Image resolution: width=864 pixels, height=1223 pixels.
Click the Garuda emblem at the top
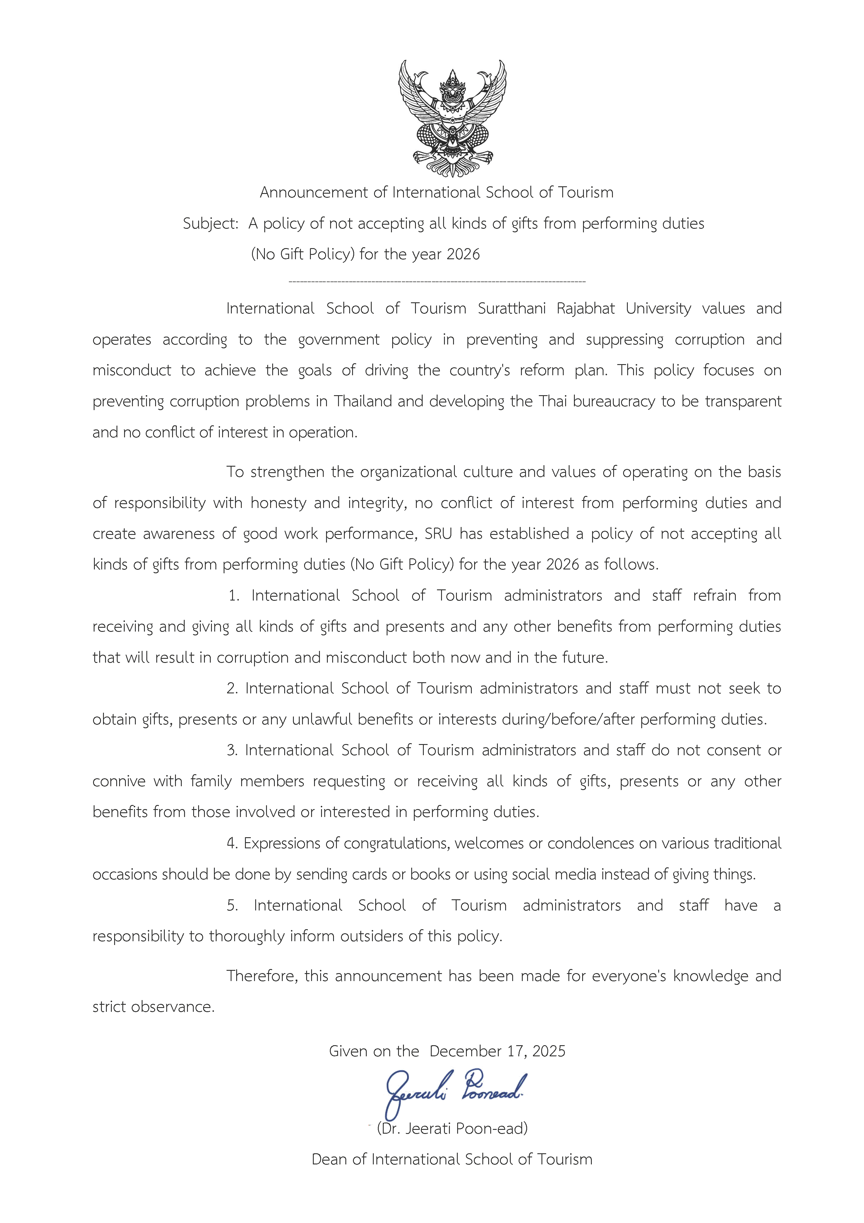[452, 118]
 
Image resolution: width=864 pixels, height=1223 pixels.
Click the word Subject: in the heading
[210, 224]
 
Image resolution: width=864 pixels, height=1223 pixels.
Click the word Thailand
[363, 401]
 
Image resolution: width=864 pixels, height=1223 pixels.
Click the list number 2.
[232, 688]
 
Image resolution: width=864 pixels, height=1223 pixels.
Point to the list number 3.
[232, 750]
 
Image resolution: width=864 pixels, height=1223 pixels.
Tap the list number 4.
[232, 843]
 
